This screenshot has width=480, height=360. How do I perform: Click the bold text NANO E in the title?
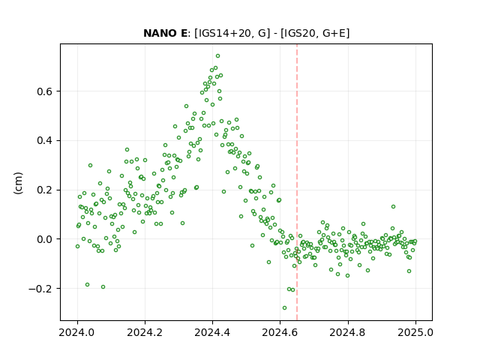pyautogui.click(x=165, y=33)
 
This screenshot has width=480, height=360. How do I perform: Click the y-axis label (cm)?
pyautogui.click(x=18, y=183)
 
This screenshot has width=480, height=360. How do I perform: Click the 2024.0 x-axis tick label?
pyautogui.click(x=77, y=332)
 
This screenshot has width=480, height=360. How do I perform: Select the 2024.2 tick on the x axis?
pyautogui.click(x=145, y=332)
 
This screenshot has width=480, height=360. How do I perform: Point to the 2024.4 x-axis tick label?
pyautogui.click(x=212, y=332)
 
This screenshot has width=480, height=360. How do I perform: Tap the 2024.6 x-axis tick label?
pyautogui.click(x=280, y=332)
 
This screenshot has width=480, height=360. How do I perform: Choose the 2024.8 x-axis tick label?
pyautogui.click(x=348, y=332)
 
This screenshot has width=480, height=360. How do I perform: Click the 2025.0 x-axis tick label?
pyautogui.click(x=415, y=332)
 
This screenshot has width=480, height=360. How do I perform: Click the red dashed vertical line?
pyautogui.click(x=297, y=182)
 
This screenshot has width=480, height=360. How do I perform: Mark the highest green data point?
pyautogui.click(x=217, y=56)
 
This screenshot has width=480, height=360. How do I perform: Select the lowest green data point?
pyautogui.click(x=284, y=308)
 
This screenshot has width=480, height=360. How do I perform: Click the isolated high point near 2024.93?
pyautogui.click(x=393, y=207)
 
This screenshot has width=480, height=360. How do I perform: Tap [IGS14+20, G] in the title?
pyautogui.click(x=232, y=33)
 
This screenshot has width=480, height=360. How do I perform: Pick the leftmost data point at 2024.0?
pyautogui.click(x=77, y=247)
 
